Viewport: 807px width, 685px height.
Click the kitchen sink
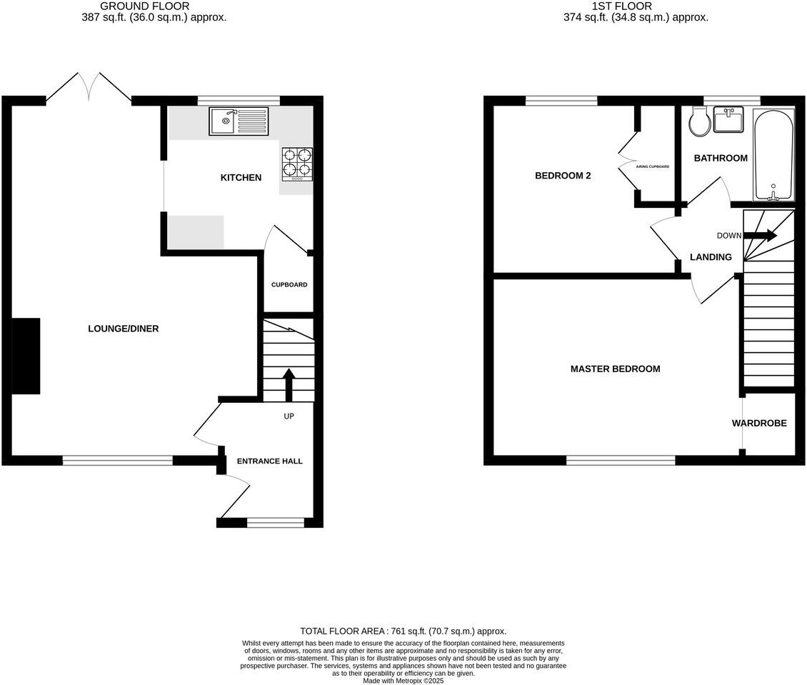(239, 121)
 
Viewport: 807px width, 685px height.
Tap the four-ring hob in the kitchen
(298, 162)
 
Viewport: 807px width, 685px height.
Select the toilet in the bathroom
(699, 122)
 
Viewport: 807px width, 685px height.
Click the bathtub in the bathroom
(773, 155)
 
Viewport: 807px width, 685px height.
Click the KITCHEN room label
(241, 178)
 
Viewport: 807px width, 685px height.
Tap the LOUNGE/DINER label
(123, 329)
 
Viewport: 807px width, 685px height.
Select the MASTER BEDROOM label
(615, 369)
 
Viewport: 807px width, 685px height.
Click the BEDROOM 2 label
(563, 176)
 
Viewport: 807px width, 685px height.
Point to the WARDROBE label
(759, 424)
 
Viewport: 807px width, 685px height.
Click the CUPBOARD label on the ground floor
(289, 285)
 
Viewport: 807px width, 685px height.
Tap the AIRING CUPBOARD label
(652, 166)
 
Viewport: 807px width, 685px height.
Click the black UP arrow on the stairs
(289, 384)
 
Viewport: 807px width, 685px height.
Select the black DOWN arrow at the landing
(761, 235)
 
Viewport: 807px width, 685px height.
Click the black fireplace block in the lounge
(26, 356)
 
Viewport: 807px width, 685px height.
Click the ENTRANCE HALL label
(270, 461)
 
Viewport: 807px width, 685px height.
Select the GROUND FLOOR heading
(144, 6)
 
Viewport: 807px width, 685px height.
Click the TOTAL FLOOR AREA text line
(403, 631)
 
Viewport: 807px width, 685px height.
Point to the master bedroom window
(621, 461)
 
